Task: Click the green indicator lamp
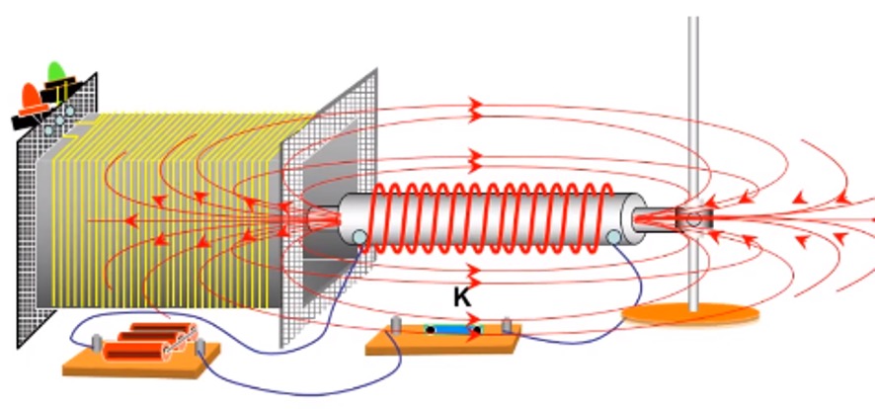point(55,71)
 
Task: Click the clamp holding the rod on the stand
point(691,217)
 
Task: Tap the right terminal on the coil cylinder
point(613,237)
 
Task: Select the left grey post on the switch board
point(396,325)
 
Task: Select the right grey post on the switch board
point(507,326)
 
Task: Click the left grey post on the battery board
point(97,342)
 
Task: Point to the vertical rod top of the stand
point(693,30)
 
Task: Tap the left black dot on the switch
point(431,330)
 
